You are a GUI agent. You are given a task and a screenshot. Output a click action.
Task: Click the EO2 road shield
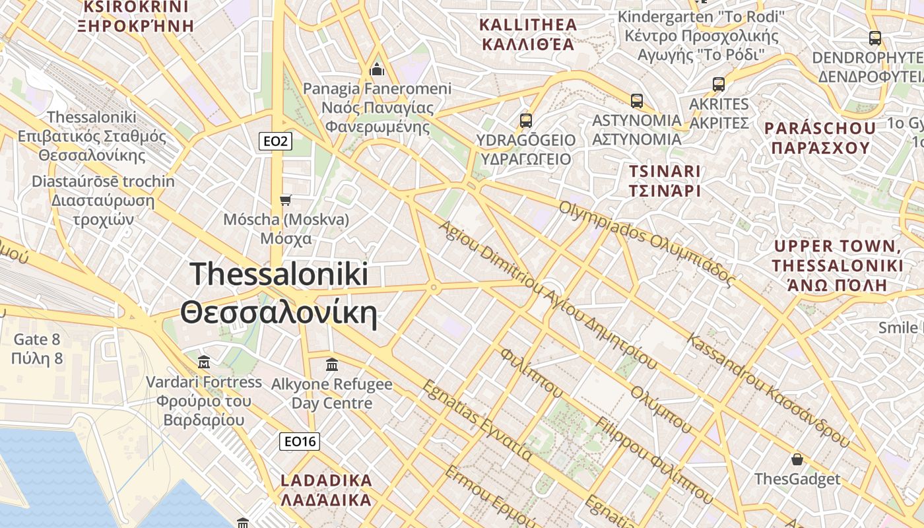click(x=275, y=141)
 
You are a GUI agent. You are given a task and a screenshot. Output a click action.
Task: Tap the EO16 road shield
click(x=300, y=442)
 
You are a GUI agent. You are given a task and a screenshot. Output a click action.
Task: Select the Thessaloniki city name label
click(x=279, y=293)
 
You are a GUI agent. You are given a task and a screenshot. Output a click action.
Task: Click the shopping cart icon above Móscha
click(x=286, y=200)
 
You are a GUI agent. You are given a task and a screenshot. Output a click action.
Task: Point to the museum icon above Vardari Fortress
click(x=204, y=362)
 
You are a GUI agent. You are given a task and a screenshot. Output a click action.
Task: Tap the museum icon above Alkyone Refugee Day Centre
click(x=332, y=364)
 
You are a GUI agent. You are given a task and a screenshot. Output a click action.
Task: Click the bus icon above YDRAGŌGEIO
click(x=526, y=121)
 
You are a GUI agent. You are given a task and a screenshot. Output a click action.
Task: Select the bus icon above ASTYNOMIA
click(x=637, y=101)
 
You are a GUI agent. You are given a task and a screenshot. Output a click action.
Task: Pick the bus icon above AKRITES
click(x=719, y=84)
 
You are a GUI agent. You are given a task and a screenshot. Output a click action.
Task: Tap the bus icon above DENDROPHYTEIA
click(x=875, y=38)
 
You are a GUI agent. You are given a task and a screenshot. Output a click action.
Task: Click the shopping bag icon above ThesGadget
click(x=797, y=459)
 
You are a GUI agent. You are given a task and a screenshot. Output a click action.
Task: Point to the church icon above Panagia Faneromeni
click(x=378, y=69)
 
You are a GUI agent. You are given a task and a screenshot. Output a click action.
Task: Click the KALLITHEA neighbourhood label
click(x=527, y=35)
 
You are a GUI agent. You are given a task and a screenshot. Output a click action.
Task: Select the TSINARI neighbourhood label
click(x=664, y=181)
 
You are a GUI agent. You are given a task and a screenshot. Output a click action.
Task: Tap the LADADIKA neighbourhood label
click(x=326, y=490)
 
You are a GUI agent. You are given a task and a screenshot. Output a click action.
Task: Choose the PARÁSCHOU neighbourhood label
click(x=820, y=137)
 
